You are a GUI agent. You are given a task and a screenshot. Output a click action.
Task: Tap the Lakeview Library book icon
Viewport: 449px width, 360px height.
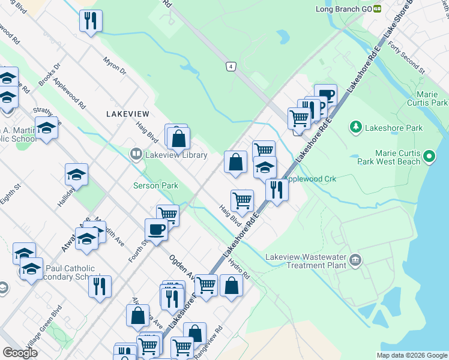click(x=136, y=155)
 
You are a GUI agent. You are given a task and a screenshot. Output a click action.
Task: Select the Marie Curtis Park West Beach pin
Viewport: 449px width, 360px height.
click(x=429, y=157)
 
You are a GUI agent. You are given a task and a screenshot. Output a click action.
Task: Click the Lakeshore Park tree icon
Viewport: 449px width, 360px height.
click(x=356, y=127)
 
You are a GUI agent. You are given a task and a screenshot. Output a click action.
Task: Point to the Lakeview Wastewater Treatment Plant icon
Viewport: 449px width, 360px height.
click(x=356, y=260)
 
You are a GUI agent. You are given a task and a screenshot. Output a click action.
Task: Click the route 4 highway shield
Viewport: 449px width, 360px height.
click(x=231, y=66)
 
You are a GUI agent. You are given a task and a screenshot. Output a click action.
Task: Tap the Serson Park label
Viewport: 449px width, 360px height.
click(x=155, y=185)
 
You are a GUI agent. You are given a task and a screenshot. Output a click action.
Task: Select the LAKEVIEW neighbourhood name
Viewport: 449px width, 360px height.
click(x=126, y=113)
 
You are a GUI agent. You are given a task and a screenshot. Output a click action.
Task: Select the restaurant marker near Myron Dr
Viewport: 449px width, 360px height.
click(x=91, y=21)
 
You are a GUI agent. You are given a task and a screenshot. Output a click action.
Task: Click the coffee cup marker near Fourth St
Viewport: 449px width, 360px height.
click(x=156, y=229)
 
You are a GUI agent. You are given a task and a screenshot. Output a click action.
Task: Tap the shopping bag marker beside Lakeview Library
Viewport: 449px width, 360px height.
click(x=179, y=139)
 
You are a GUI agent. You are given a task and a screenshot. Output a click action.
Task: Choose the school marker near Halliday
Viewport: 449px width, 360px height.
click(x=76, y=175)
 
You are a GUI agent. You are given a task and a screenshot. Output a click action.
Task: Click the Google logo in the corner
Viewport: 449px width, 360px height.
click(x=20, y=352)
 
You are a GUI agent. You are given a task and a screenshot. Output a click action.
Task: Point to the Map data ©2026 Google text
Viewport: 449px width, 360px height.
click(x=411, y=355)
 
